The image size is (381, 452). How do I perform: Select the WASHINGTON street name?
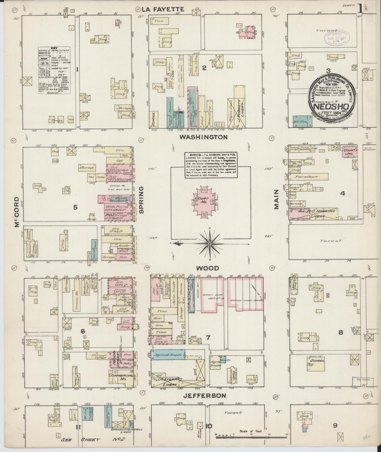click(203, 137)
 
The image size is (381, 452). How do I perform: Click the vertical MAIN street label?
click(276, 199)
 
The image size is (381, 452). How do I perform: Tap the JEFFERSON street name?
click(205, 396)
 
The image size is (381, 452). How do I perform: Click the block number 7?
click(208, 338)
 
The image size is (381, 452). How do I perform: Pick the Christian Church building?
click(232, 373)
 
